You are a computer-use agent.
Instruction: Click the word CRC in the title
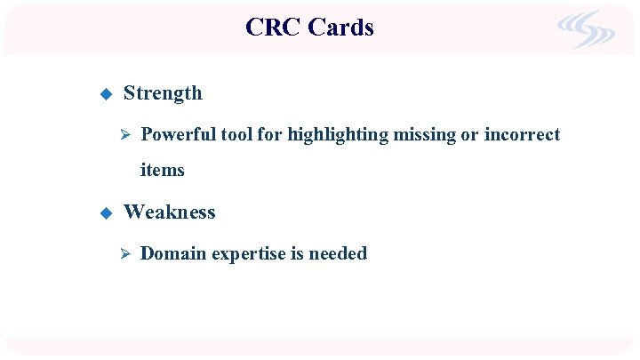pos(273,28)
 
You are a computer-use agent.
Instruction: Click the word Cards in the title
pos(340,28)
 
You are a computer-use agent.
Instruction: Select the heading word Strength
pos(163,93)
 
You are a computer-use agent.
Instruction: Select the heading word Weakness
pos(169,212)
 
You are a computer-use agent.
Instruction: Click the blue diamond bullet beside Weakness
pos(104,213)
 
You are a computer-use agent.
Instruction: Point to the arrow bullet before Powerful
pos(125,136)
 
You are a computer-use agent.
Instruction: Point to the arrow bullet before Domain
pos(125,254)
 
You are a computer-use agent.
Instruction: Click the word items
pos(163,170)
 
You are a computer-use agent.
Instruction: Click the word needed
pos(338,254)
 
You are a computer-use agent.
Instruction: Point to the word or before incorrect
pos(468,135)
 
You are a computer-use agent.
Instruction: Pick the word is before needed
pos(295,254)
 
